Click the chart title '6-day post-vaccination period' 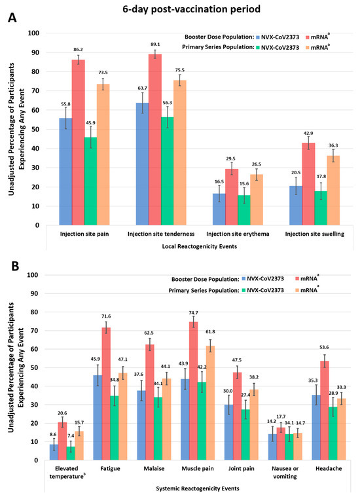pyautogui.click(x=180, y=9)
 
